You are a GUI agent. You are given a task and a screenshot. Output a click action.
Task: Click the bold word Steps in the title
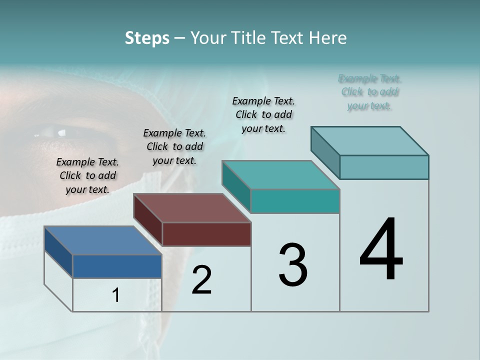click(x=147, y=38)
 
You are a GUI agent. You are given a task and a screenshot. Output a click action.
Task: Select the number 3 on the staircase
click(x=293, y=265)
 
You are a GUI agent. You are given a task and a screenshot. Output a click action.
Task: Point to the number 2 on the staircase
click(x=201, y=280)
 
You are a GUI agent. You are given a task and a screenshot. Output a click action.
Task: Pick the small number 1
click(x=116, y=295)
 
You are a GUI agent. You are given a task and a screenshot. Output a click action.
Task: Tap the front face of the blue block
click(x=117, y=266)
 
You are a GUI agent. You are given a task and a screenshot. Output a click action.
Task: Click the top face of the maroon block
click(x=192, y=207)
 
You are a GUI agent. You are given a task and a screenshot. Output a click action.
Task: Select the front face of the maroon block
click(x=206, y=234)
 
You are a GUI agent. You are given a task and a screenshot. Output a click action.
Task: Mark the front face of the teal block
click(x=295, y=201)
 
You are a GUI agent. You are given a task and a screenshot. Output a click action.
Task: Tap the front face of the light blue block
click(x=384, y=167)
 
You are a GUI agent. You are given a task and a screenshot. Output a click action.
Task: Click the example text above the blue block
click(x=87, y=175)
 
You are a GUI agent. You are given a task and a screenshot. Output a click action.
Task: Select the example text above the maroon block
click(x=174, y=146)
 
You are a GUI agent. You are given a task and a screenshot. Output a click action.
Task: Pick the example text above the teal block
click(x=263, y=114)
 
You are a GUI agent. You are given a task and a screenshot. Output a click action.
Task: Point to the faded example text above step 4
click(x=369, y=92)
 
